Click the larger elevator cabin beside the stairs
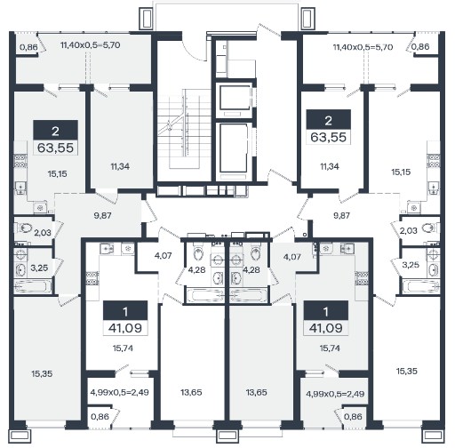pyautogui.click(x=234, y=148)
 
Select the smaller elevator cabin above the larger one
pyautogui.click(x=234, y=98)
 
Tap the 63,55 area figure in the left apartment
pyautogui.click(x=55, y=148)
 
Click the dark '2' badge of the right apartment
pyautogui.click(x=329, y=119)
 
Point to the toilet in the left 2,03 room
pyautogui.click(x=24, y=228)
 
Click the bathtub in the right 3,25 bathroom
pyautogui.click(x=420, y=287)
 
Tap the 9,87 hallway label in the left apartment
pyautogui.click(x=102, y=215)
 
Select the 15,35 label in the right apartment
pyautogui.click(x=406, y=371)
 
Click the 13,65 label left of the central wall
pyautogui.click(x=191, y=392)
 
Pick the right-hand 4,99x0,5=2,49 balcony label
pyautogui.click(x=335, y=394)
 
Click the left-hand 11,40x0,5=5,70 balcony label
pyautogui.click(x=90, y=45)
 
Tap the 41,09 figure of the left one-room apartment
pyautogui.click(x=125, y=328)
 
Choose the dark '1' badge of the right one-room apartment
pyautogui.click(x=326, y=310)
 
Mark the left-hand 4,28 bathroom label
pyautogui.click(x=196, y=269)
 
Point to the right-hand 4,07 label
pyautogui.click(x=291, y=257)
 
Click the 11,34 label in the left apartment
pyautogui.click(x=120, y=166)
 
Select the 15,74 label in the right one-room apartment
pyautogui.click(x=330, y=348)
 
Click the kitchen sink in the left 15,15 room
pyautogui.click(x=20, y=188)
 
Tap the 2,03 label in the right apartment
pyautogui.click(x=409, y=230)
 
